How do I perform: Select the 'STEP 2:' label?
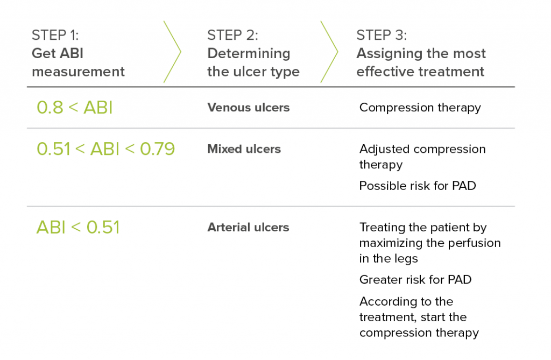click(232, 36)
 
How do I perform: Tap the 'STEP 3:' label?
click(382, 36)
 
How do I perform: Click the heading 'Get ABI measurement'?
click(78, 62)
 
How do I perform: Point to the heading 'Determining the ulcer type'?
click(253, 62)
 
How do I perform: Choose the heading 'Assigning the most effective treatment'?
click(421, 62)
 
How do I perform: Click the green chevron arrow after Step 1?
click(172, 52)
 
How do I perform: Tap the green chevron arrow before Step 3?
click(329, 52)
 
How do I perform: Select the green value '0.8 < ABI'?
click(74, 108)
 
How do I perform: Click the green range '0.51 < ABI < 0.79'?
click(105, 149)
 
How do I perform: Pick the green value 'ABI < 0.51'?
click(77, 227)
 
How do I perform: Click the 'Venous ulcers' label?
click(248, 108)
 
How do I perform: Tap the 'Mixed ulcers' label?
click(244, 149)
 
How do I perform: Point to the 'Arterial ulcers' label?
click(248, 228)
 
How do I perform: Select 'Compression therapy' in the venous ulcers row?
click(420, 108)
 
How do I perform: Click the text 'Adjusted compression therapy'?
click(422, 156)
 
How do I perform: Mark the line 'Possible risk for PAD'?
click(418, 186)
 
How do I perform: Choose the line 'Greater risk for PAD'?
click(415, 280)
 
